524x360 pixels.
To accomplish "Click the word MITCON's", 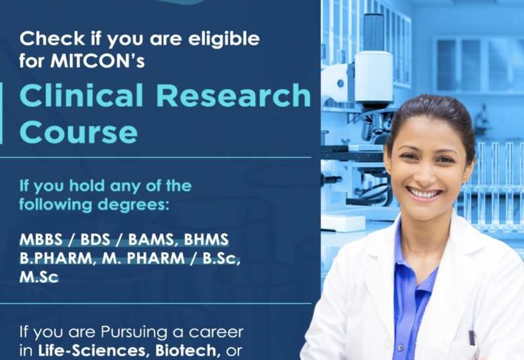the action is click(x=98, y=60).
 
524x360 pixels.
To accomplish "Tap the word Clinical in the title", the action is click(x=81, y=96).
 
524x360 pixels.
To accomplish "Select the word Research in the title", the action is click(x=234, y=96).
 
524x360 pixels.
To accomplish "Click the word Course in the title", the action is click(x=79, y=132).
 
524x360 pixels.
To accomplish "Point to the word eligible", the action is click(x=224, y=39).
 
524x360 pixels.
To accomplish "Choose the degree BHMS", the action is click(x=206, y=240).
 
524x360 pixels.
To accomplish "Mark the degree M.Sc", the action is click(x=39, y=277).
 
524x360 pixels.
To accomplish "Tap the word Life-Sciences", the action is click(x=92, y=350).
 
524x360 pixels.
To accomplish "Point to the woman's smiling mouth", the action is click(x=423, y=193).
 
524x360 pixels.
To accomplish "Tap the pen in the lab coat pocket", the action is click(x=472, y=337).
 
